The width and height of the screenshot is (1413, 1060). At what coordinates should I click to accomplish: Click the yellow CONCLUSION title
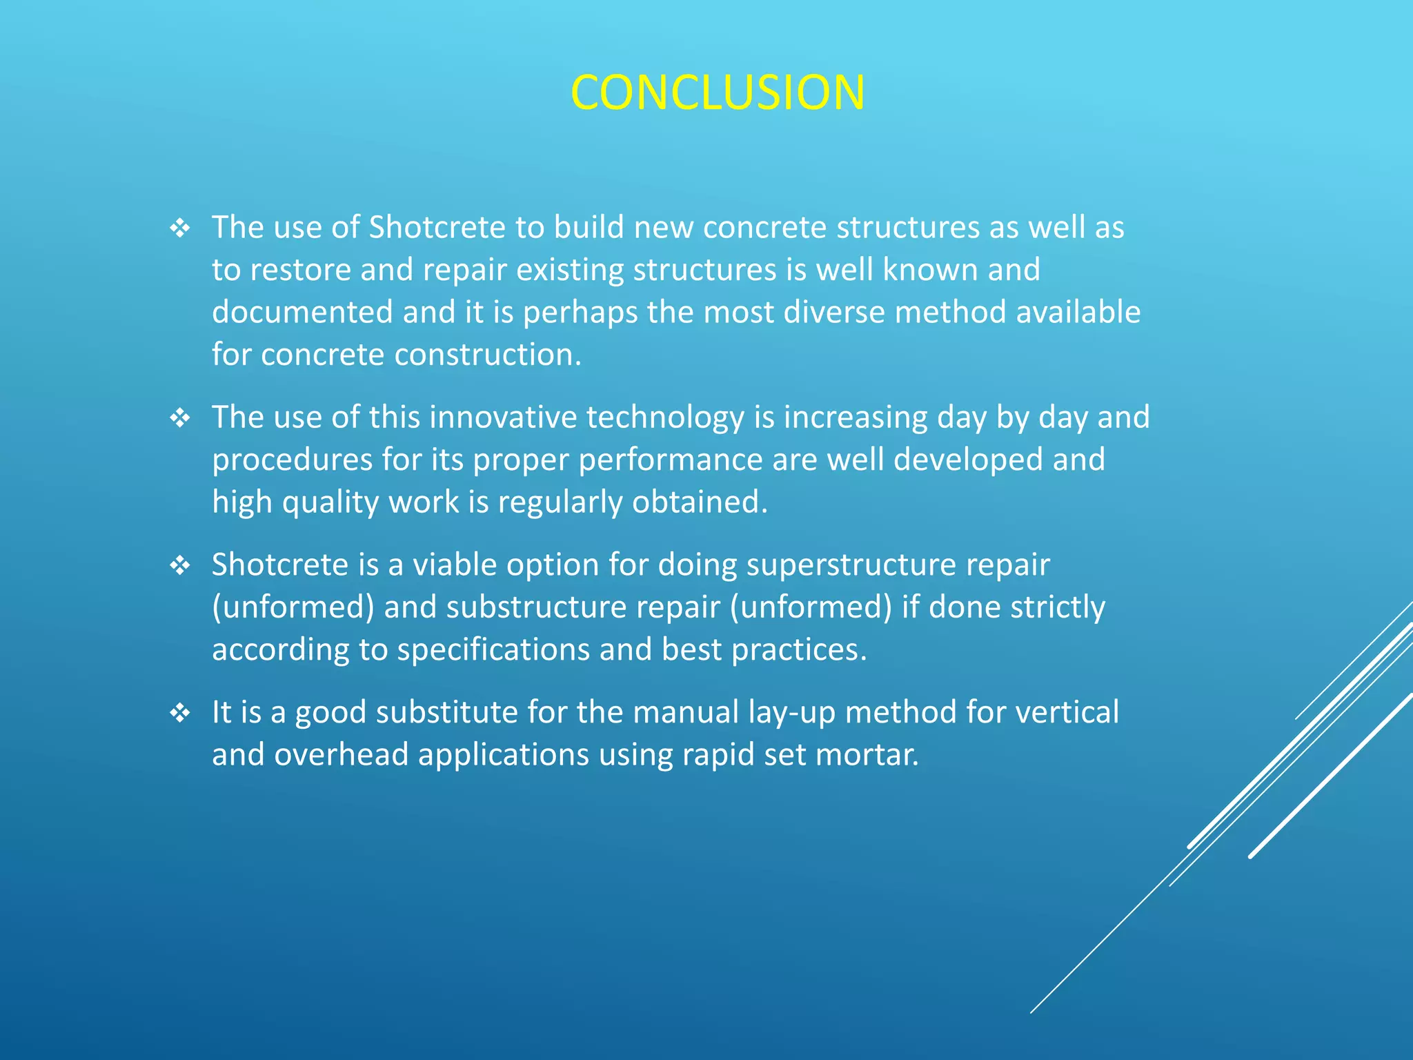[718, 92]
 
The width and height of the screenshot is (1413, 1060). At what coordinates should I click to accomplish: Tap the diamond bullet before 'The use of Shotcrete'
[180, 228]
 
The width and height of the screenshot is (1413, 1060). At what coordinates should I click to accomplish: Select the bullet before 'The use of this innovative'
[180, 418]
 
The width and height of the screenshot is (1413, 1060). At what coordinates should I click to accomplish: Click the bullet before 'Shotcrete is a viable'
[180, 566]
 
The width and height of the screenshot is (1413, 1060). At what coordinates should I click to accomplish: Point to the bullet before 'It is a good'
[180, 713]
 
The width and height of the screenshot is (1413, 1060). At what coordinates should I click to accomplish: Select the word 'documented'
[302, 312]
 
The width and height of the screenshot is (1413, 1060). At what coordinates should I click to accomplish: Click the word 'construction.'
[488, 355]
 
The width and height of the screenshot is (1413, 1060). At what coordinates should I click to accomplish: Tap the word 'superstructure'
[851, 566]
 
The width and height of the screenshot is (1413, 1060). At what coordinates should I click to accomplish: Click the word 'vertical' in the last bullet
[1067, 712]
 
